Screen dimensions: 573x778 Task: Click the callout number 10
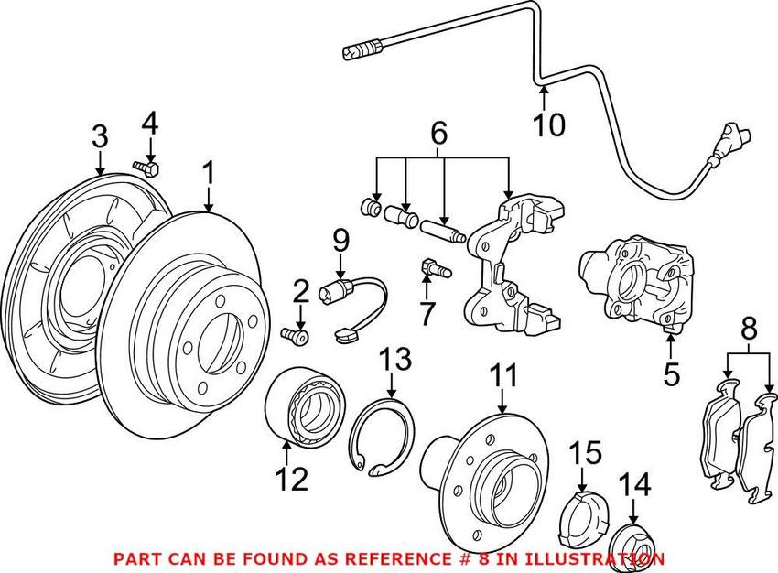pyautogui.click(x=551, y=124)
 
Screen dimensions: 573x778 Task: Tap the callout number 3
pyautogui.click(x=100, y=136)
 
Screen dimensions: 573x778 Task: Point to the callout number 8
pyautogui.click(x=749, y=327)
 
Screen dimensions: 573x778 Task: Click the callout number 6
pyautogui.click(x=440, y=135)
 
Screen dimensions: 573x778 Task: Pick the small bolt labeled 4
pyautogui.click(x=146, y=168)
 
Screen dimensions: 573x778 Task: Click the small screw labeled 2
pyautogui.click(x=297, y=336)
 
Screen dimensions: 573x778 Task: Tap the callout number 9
pyautogui.click(x=340, y=242)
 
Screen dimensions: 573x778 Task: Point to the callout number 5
pyautogui.click(x=671, y=373)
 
